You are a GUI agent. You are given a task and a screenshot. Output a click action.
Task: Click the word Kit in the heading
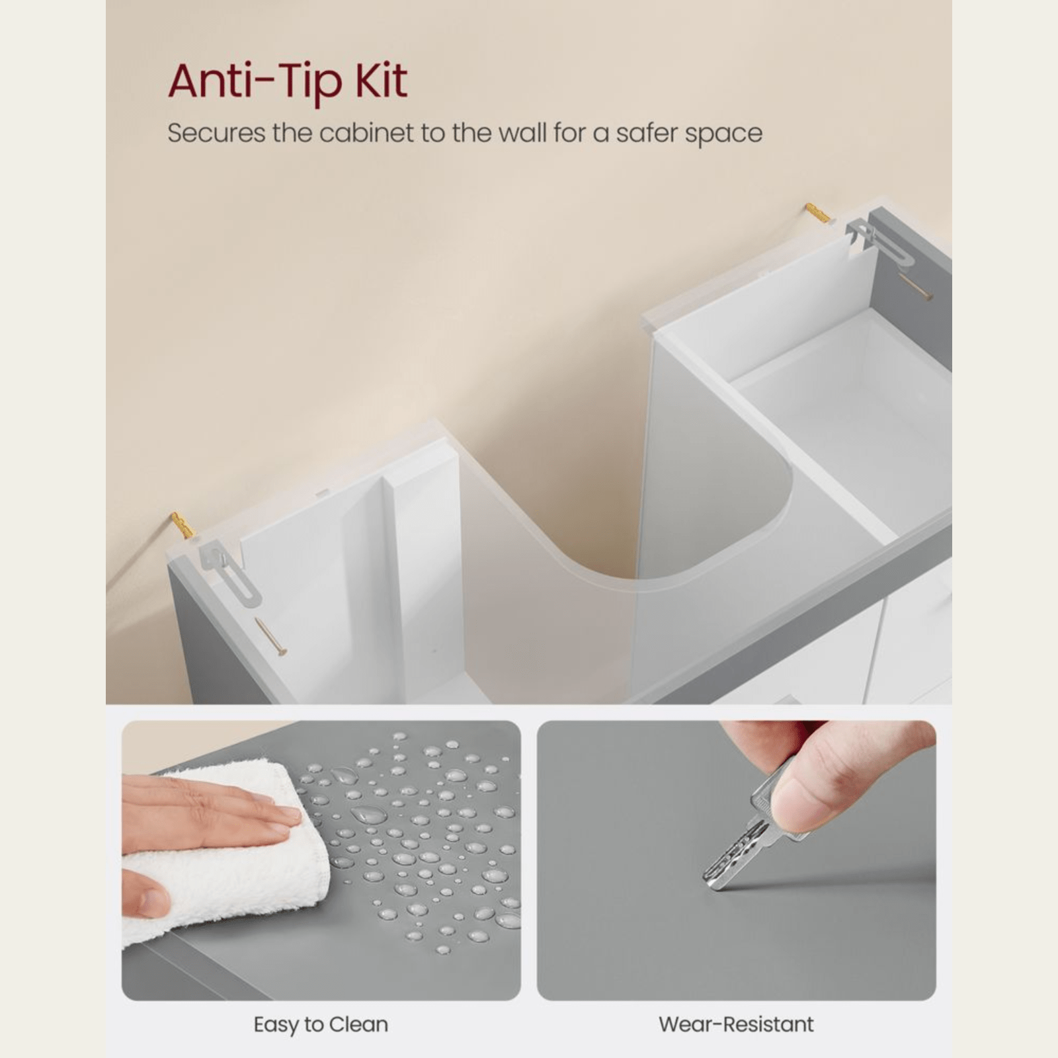[x=382, y=81]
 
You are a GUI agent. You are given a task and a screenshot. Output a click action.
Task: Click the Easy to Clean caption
[x=321, y=1024]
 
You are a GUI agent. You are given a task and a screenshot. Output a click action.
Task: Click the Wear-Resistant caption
[x=736, y=1024]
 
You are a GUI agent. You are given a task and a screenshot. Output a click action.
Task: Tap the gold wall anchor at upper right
[x=819, y=213]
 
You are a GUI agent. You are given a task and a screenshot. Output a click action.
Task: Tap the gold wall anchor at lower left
[x=183, y=524]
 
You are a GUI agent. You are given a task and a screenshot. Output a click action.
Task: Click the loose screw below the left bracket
[x=271, y=637]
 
